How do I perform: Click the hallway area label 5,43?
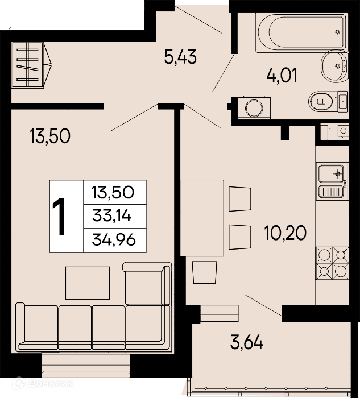[x=180, y=57]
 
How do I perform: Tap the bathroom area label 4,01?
[x=282, y=76]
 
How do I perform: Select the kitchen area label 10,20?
[x=285, y=233]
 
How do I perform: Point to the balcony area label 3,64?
[x=247, y=342]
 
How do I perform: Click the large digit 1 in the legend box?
[x=59, y=217]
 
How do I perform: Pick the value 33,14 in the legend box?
[x=111, y=216]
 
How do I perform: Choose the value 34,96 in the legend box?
[x=114, y=240]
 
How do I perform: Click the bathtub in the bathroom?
[x=301, y=32]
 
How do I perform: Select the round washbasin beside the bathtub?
[x=334, y=67]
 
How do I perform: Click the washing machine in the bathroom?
[x=254, y=107]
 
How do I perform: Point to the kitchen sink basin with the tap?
[x=332, y=173]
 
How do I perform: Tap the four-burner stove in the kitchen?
[x=332, y=263]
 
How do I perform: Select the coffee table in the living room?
[x=88, y=283]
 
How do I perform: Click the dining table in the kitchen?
[x=202, y=218]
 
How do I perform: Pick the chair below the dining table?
[x=205, y=272]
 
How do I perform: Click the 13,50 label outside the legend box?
[x=50, y=136]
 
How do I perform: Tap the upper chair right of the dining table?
[x=240, y=199]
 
